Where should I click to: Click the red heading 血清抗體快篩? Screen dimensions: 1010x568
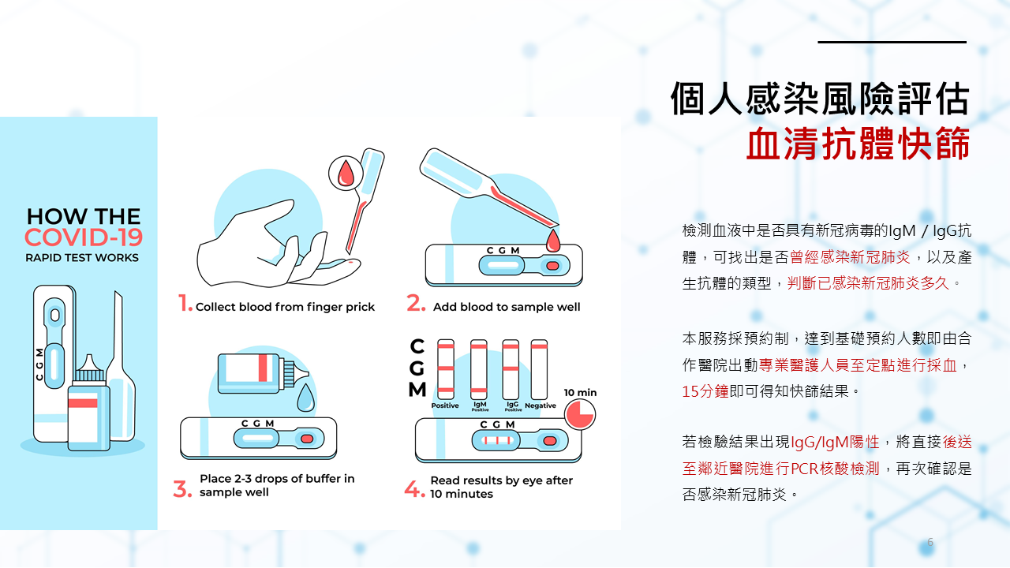tap(858, 144)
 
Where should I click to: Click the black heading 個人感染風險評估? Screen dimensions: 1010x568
tap(820, 99)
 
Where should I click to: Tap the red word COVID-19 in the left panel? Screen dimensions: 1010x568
tap(84, 237)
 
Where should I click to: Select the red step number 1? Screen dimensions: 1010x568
tap(185, 303)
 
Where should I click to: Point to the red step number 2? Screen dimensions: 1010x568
tap(416, 303)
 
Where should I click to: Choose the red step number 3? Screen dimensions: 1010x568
tap(182, 489)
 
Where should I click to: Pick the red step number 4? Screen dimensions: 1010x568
tap(414, 489)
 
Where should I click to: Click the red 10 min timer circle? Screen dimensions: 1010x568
tap(580, 415)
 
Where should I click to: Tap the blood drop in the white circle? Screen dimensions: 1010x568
tap(346, 173)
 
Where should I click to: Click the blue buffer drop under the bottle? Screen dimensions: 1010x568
tap(305, 398)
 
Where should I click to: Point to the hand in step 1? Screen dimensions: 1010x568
tap(275, 245)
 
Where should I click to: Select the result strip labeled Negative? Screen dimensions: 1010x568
tap(539, 370)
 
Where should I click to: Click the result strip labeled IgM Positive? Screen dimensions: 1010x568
tap(479, 370)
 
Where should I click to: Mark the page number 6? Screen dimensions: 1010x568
tap(930, 542)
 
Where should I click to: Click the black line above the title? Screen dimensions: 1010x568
tap(892, 42)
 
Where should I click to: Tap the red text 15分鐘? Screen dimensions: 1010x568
tap(705, 391)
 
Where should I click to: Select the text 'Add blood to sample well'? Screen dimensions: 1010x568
tap(507, 307)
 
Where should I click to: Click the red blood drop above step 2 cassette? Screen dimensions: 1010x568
tap(553, 241)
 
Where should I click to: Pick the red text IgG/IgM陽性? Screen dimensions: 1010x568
tap(835, 443)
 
